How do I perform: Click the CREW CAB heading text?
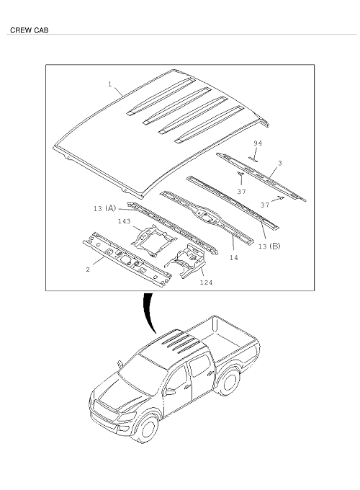[29, 30]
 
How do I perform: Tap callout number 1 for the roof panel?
[110, 84]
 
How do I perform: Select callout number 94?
[258, 143]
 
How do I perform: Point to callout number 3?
[280, 163]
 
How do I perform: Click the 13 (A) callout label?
[104, 208]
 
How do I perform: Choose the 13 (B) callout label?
[269, 246]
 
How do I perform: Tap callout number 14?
[233, 257]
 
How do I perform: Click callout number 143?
[124, 221]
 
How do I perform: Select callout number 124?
[206, 282]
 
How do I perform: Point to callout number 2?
[88, 269]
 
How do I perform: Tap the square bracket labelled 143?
[153, 240]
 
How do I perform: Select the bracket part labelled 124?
[186, 260]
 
